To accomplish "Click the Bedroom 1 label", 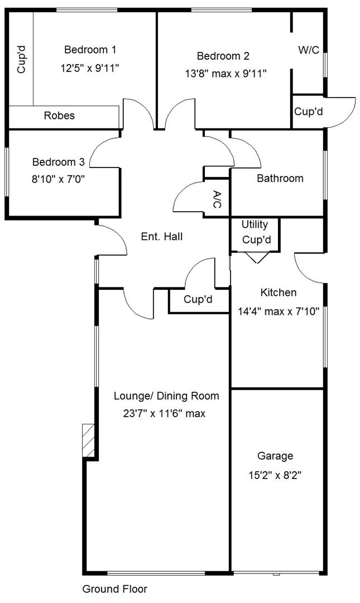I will [x=90, y=50].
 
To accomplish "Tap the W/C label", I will [x=308, y=50].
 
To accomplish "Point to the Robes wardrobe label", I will [x=59, y=116].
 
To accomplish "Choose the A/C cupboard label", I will [x=217, y=199].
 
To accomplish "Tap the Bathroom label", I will [x=280, y=179].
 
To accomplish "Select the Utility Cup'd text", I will [x=255, y=232].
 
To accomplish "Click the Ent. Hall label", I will [x=161, y=237].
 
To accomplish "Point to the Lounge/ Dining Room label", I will [x=166, y=396].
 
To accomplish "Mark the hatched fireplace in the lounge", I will [x=89, y=441].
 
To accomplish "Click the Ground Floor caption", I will [x=114, y=589].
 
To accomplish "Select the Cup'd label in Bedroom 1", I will [x=21, y=60].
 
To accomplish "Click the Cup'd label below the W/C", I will [x=308, y=112].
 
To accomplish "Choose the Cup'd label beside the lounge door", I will [x=198, y=300].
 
